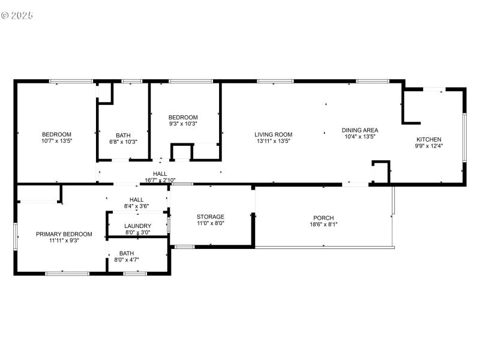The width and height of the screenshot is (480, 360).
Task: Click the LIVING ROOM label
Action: click(273, 134)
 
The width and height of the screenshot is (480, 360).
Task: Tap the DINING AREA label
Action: click(360, 130)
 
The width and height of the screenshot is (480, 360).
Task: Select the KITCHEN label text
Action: click(429, 139)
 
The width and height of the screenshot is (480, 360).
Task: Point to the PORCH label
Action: click(323, 218)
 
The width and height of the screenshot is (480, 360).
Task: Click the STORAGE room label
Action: click(211, 217)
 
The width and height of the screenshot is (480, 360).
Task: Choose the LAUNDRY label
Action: click(137, 226)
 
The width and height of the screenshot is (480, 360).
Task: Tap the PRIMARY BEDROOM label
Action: click(64, 234)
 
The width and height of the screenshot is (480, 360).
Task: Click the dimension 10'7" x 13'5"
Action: click(56, 141)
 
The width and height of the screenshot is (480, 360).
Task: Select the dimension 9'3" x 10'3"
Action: click(182, 124)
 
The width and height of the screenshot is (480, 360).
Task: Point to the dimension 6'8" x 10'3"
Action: click(123, 142)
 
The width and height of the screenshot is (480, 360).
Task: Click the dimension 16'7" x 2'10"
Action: click(160, 180)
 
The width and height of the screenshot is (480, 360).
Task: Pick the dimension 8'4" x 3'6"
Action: click(137, 206)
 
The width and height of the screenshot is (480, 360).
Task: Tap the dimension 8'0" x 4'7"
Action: click(127, 260)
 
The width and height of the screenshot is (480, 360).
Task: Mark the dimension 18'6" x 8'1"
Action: click(323, 225)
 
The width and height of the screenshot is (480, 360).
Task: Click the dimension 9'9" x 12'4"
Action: click(429, 146)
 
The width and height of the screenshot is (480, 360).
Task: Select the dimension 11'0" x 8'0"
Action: click(211, 223)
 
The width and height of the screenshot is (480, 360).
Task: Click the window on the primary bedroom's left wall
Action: click(16, 236)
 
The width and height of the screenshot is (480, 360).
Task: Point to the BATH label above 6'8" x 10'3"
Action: click(123, 136)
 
